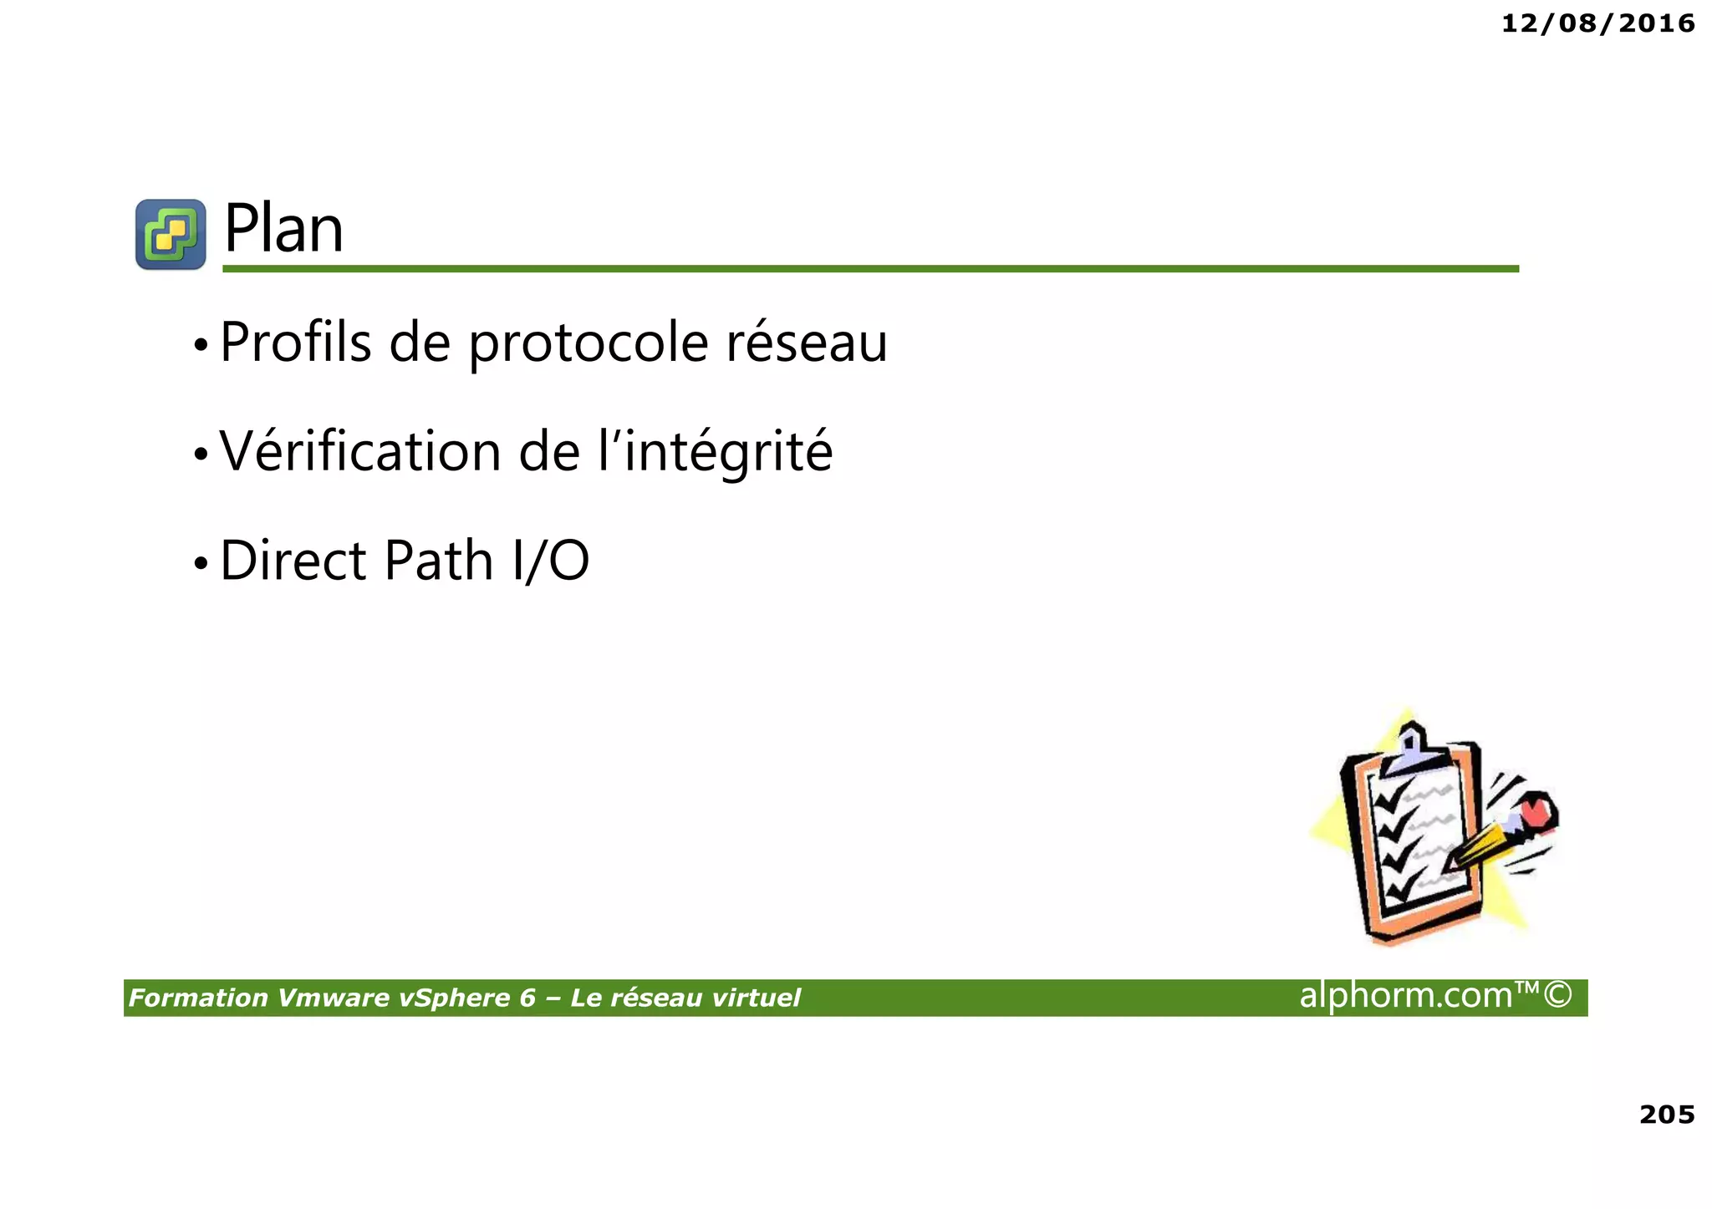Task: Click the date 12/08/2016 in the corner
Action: point(1597,23)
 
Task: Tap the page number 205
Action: point(1666,1115)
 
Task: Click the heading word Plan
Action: point(283,229)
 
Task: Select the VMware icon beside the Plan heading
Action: point(171,234)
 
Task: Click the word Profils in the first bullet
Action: point(295,343)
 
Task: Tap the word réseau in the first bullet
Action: point(806,343)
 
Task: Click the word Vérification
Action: point(359,451)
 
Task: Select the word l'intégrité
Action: point(716,452)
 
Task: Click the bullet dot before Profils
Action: point(200,344)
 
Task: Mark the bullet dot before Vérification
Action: point(200,455)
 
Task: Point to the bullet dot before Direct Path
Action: point(200,563)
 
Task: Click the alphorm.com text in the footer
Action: point(1406,995)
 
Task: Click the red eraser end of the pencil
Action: point(1536,810)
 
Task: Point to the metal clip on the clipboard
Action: point(1412,748)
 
